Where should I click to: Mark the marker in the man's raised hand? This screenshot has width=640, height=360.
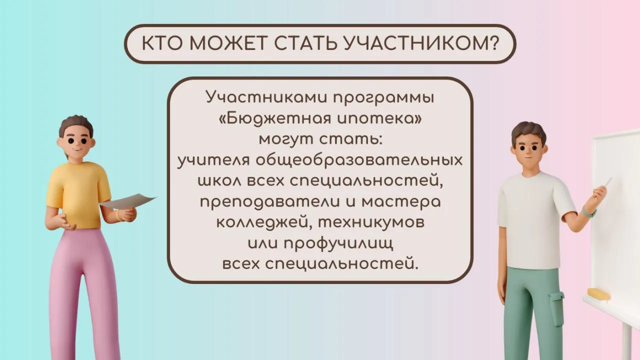pyautogui.click(x=608, y=181)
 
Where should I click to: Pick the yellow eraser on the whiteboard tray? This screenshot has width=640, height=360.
pyautogui.click(x=598, y=294)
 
